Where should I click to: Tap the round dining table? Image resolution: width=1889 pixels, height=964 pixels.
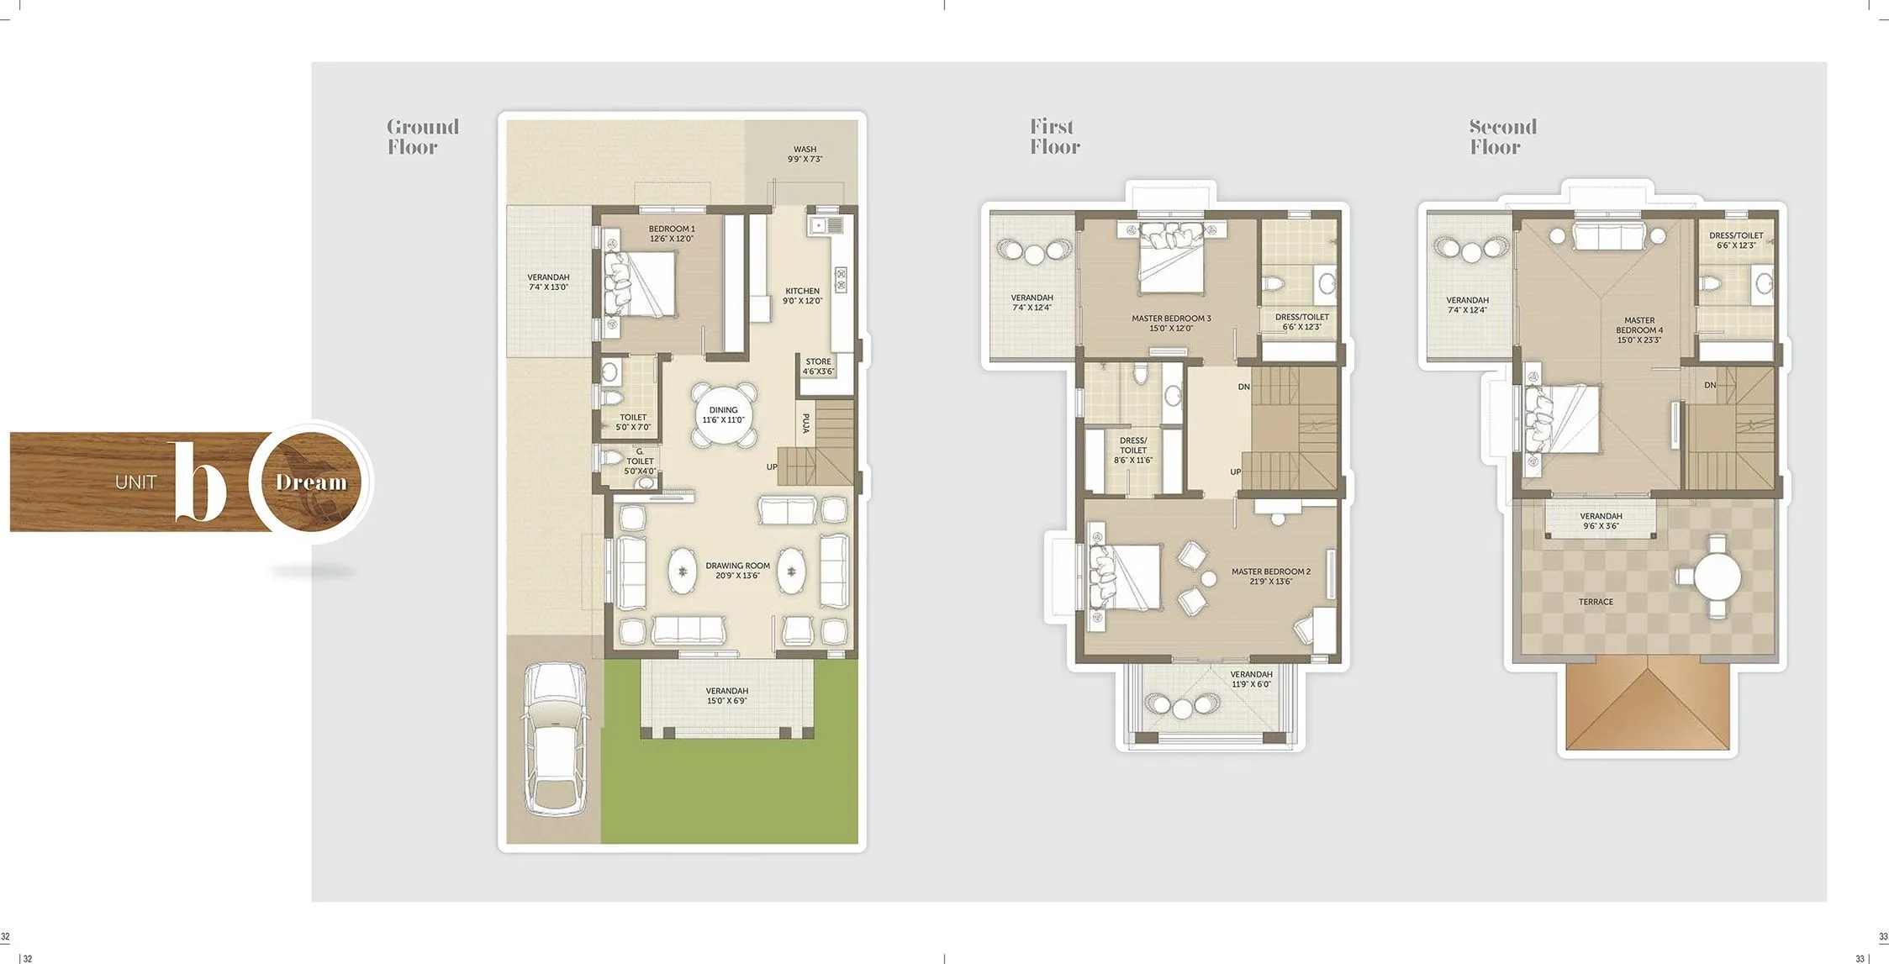tap(724, 414)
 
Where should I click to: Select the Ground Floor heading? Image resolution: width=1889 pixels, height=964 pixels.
tap(422, 137)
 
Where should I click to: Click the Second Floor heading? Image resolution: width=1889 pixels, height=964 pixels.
tap(1502, 137)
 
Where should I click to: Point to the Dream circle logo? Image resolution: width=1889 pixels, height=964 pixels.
tap(312, 482)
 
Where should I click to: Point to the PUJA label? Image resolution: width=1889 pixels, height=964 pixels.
tap(805, 423)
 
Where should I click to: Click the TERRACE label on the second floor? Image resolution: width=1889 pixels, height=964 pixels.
tap(1595, 602)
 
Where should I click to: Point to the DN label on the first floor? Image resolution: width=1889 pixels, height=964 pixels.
tap(1243, 387)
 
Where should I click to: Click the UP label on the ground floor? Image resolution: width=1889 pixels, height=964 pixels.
tap(772, 467)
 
